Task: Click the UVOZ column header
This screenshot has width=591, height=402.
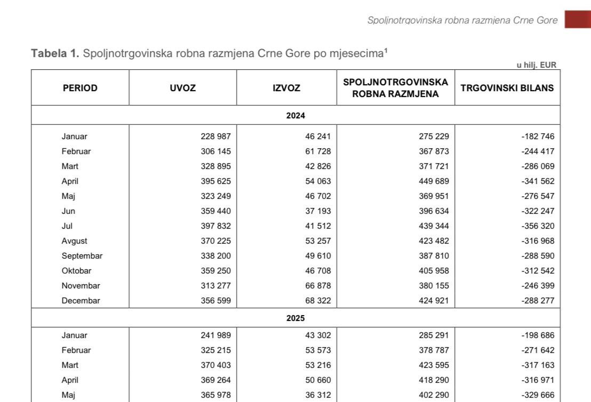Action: coord(182,88)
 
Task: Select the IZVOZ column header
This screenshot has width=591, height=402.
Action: coord(286,88)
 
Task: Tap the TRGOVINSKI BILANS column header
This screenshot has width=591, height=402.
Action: coord(507,88)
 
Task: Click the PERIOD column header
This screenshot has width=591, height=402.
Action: coord(80,88)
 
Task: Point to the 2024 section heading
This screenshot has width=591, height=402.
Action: coord(295,115)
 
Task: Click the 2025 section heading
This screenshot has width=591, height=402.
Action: coord(295,318)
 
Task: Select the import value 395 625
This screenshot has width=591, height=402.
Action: coord(215,181)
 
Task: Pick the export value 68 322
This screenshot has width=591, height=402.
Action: coord(317,301)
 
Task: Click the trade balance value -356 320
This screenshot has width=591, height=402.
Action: coord(538,226)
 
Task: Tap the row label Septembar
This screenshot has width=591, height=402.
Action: coord(82,256)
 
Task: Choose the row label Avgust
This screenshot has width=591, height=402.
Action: coord(74,241)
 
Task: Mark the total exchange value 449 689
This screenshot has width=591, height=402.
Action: coord(434,181)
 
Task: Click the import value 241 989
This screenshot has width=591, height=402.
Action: coord(215,335)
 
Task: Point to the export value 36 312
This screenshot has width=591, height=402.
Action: coord(317,395)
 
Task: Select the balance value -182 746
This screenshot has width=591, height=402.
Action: coord(538,136)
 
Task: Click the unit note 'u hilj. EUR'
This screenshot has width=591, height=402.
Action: coord(536,65)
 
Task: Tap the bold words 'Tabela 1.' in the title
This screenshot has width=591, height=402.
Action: coord(55,53)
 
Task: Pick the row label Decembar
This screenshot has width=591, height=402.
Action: coord(81,301)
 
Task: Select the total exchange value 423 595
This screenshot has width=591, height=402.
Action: coord(434,365)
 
